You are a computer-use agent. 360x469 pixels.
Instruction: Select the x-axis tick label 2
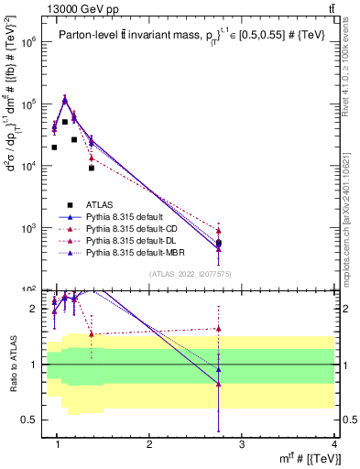point(149,444)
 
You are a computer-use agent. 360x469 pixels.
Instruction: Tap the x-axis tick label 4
point(333,444)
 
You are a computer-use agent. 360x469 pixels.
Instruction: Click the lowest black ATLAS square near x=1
point(55,147)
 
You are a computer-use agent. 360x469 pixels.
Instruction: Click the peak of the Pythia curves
point(64,99)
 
